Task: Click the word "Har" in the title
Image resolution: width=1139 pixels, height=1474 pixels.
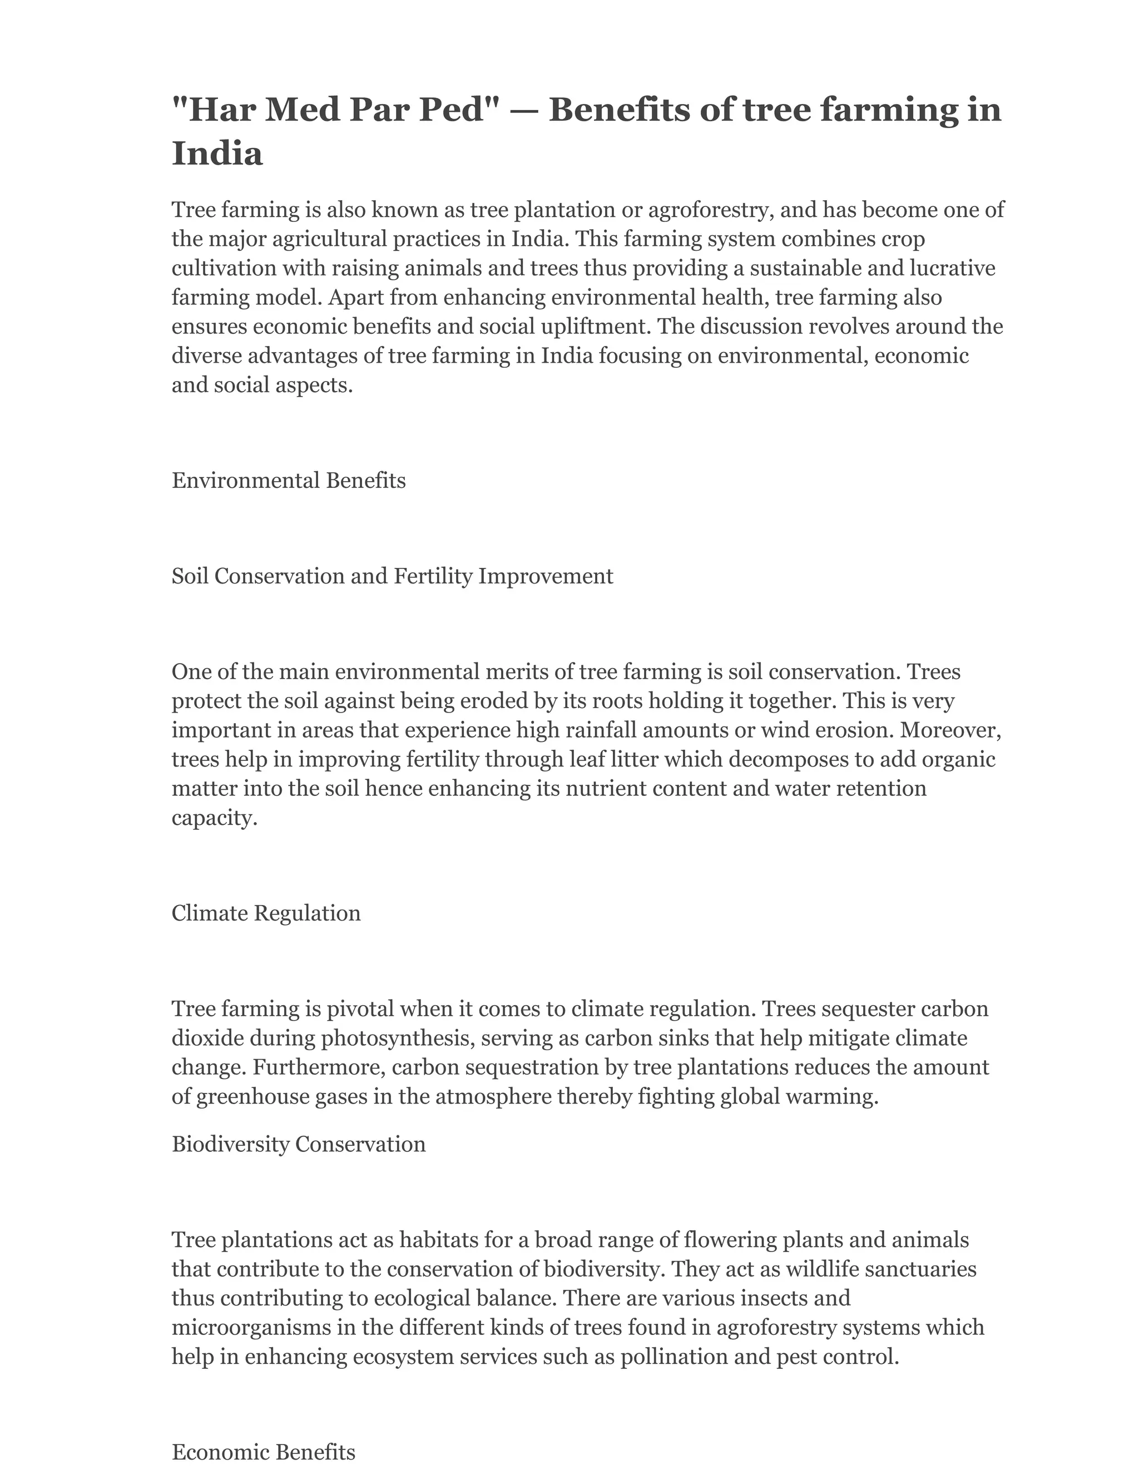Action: [x=219, y=110]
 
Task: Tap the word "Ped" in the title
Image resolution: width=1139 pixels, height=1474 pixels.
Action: [x=452, y=110]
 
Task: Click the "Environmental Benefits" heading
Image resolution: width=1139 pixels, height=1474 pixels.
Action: [x=289, y=481]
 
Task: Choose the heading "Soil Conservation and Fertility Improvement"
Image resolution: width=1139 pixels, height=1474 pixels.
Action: [x=392, y=576]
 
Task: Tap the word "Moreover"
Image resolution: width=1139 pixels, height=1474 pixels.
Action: [x=955, y=730]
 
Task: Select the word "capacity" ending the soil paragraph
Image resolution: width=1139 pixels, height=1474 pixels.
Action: [x=212, y=818]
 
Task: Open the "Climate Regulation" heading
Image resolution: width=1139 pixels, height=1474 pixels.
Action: [x=266, y=913]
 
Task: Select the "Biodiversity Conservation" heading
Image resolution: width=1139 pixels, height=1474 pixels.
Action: [x=298, y=1144]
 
